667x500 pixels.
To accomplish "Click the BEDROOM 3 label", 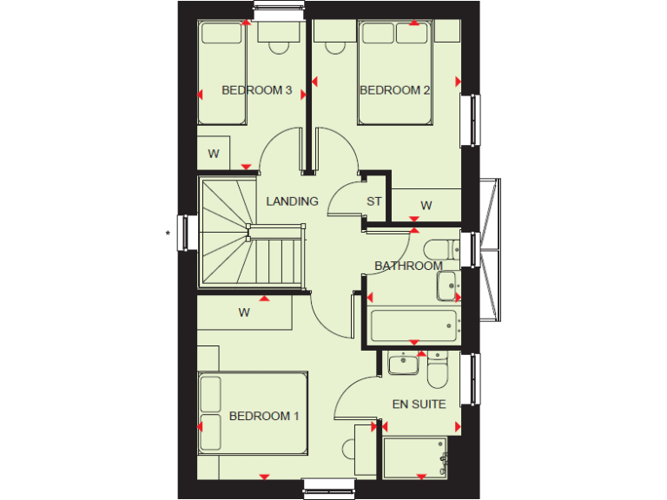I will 256,90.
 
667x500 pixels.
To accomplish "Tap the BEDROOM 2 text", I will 395,90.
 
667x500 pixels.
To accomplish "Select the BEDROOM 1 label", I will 264,417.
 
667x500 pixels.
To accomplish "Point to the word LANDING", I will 292,201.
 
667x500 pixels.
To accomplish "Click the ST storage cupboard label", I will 374,202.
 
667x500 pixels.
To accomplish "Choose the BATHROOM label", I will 408,266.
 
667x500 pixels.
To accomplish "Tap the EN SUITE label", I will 419,404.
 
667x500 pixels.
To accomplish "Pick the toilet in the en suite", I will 438,371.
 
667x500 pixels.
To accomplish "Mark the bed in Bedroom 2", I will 395,73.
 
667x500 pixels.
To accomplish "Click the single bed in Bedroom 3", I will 221,73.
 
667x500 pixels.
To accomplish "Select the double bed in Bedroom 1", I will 253,413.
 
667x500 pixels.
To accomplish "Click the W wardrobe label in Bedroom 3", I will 214,154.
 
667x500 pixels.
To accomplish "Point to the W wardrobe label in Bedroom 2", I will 426,206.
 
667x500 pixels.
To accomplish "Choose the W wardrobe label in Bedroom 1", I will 244,313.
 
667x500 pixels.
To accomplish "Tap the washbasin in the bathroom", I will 447,285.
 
